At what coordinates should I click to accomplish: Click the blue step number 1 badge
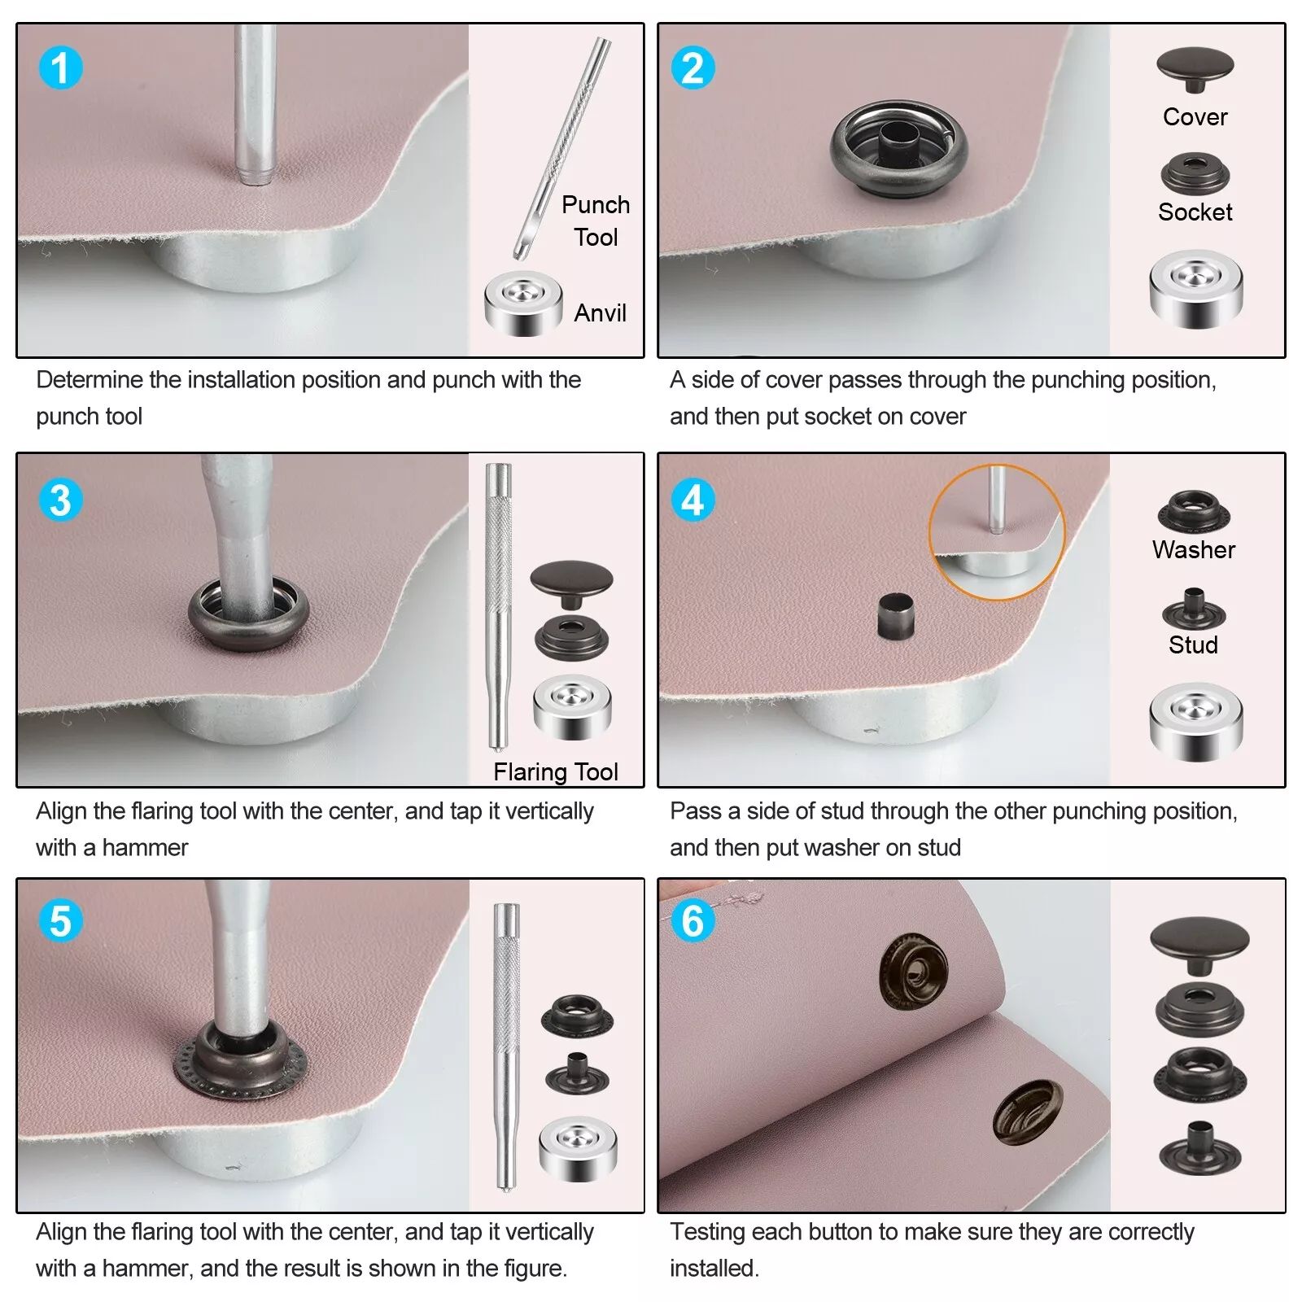point(60,68)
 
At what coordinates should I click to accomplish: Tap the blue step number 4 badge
point(693,500)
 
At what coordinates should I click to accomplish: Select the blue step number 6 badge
point(693,921)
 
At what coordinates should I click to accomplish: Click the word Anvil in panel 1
point(601,312)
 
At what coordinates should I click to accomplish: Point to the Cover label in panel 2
point(1195,116)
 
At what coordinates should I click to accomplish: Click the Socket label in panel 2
point(1195,212)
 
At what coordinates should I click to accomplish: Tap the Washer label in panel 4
point(1193,549)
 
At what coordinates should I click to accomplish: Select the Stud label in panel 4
point(1193,644)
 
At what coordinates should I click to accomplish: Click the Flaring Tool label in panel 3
point(556,771)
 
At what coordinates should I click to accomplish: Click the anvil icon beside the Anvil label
point(523,304)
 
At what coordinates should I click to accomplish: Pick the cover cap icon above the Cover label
point(1195,70)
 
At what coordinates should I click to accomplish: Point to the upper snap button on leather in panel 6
point(914,972)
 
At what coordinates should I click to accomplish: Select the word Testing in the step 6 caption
point(708,1232)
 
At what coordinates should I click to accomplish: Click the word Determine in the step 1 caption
point(90,379)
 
